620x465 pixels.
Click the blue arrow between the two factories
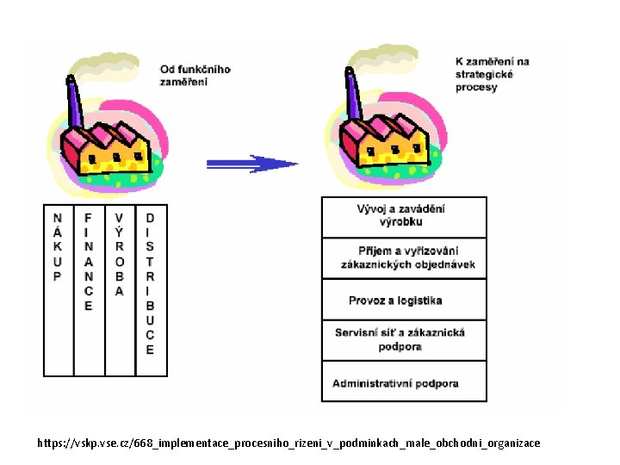pos(251,163)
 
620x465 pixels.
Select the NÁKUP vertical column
pos(58,289)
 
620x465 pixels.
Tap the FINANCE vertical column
pos(89,289)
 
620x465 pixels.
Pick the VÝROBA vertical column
pos(120,289)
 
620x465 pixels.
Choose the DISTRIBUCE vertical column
pos(151,289)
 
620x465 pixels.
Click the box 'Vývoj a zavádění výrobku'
pos(404,216)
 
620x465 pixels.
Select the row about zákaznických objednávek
pos(404,257)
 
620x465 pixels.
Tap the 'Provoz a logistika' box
pos(404,301)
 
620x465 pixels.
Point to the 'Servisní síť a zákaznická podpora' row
pos(404,340)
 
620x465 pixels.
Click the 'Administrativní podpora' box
pos(404,383)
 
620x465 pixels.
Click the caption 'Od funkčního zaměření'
pos(195,75)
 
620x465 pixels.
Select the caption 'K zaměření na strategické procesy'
pos(492,74)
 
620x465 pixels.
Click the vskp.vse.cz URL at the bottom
pos(288,443)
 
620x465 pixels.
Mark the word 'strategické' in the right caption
pos(484,74)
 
